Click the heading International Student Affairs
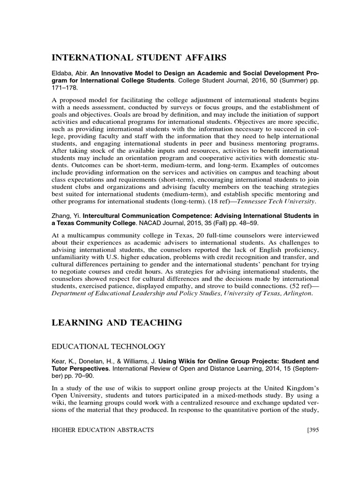click(x=139, y=58)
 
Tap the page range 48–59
click(x=251, y=223)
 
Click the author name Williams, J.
click(x=139, y=361)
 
